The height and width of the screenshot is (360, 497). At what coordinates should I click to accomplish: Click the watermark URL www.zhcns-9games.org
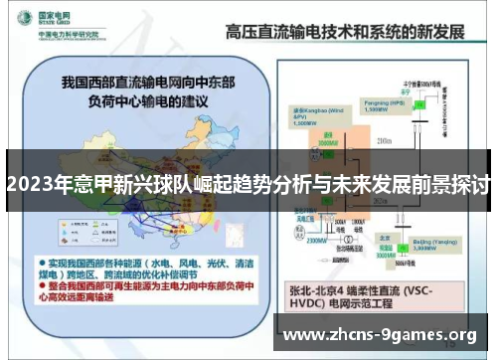coord(381,335)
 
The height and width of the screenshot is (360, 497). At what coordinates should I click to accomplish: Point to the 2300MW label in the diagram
coord(317,239)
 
